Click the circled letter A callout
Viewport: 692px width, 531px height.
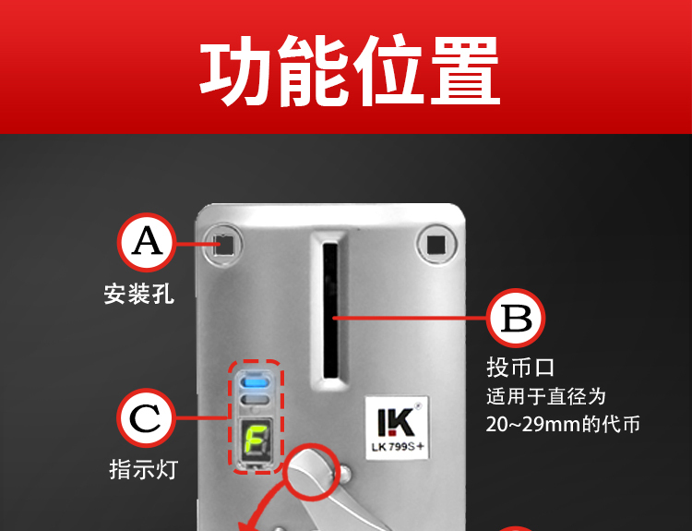[147, 242]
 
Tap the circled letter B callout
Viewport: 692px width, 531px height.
[516, 318]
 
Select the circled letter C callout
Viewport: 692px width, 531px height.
[146, 417]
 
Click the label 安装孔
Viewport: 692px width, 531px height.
[139, 294]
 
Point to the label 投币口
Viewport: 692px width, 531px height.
[520, 368]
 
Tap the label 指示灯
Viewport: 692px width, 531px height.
[143, 469]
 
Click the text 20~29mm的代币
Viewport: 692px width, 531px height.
[563, 425]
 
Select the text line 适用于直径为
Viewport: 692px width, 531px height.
[546, 396]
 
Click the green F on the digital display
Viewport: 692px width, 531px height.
[255, 440]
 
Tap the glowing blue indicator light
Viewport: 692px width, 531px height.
[256, 381]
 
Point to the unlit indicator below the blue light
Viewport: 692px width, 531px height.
[256, 400]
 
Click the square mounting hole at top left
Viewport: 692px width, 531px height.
[223, 245]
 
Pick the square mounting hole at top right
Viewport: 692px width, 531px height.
[436, 245]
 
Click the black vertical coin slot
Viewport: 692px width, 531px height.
[330, 309]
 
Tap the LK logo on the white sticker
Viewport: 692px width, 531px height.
[397, 422]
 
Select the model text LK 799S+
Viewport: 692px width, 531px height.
[397, 447]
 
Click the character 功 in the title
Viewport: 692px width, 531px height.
[235, 71]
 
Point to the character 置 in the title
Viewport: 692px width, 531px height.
[465, 71]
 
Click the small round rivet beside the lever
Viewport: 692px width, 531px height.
[345, 473]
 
